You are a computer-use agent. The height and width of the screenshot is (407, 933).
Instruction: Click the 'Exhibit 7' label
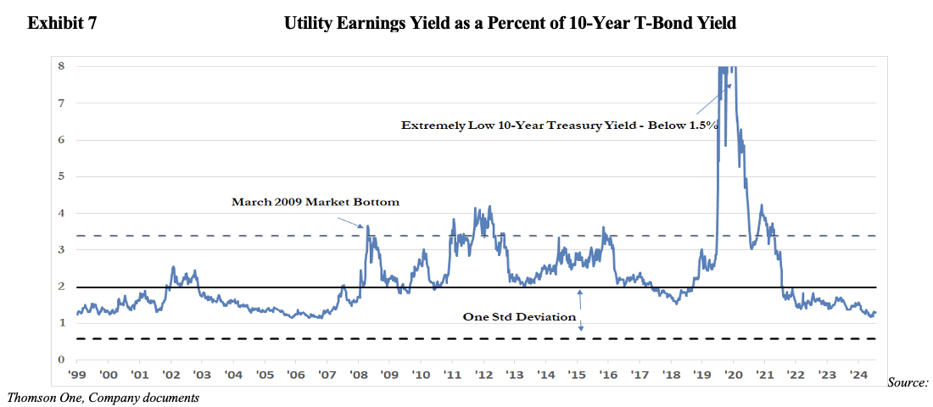click(62, 25)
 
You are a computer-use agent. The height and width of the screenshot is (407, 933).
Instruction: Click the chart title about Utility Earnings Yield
click(510, 25)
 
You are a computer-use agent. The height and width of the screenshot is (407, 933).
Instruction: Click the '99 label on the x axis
click(77, 375)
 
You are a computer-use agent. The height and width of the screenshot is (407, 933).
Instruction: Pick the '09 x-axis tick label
click(389, 375)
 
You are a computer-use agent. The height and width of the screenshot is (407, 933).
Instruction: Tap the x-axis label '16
click(607, 375)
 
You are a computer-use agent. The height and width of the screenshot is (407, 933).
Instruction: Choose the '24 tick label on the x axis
click(857, 375)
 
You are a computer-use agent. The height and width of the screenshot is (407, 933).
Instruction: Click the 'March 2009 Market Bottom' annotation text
click(315, 203)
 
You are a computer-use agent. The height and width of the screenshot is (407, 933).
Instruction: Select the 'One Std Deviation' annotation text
click(519, 317)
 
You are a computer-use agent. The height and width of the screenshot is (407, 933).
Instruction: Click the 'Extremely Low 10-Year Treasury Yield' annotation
click(560, 125)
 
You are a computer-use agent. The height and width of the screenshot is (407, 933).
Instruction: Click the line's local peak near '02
click(173, 267)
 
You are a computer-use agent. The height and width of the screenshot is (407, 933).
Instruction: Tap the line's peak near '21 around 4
click(762, 205)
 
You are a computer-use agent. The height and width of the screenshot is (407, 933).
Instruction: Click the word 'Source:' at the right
click(908, 384)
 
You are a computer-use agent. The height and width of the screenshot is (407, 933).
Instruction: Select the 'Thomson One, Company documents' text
click(103, 397)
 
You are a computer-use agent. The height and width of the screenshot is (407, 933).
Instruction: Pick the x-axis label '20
click(732, 375)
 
